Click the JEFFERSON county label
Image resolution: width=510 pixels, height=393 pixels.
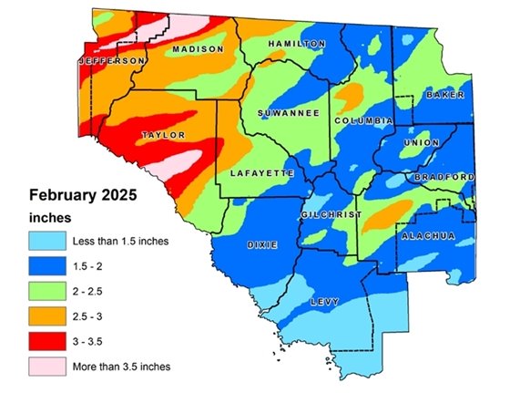tap(111, 60)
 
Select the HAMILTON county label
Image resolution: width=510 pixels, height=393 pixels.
tap(296, 44)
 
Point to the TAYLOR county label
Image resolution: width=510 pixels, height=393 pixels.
tap(164, 135)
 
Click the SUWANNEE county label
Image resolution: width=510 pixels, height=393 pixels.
tap(287, 113)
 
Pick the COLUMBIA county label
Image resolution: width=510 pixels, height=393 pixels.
tap(362, 121)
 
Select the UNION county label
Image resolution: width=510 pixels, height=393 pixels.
tap(427, 143)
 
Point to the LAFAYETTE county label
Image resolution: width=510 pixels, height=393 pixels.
tap(260, 172)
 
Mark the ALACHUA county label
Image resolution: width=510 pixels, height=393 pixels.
tap(427, 236)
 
